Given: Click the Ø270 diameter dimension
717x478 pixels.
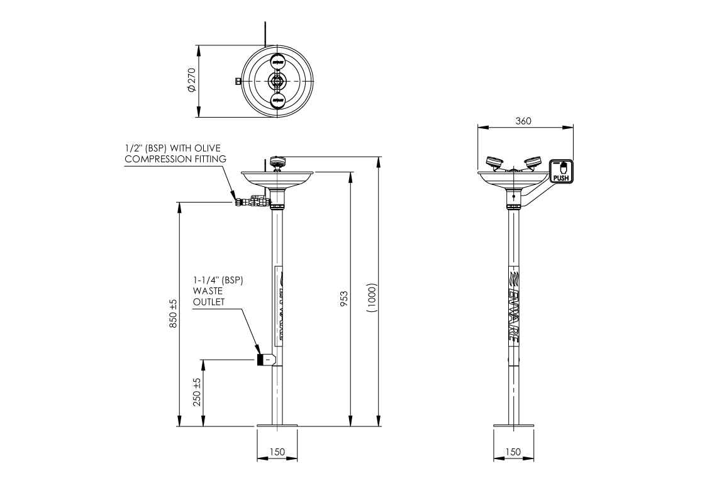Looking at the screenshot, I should click(x=191, y=80).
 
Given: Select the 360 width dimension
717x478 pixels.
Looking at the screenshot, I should click(x=523, y=121).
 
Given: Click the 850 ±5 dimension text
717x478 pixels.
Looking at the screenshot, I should click(x=173, y=313).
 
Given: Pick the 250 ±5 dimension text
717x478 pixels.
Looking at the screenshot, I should click(x=196, y=392).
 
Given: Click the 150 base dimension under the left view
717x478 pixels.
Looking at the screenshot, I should click(x=277, y=452).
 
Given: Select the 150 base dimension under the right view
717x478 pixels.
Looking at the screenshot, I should click(x=513, y=452).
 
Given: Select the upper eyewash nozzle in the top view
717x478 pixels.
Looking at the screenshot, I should click(x=277, y=61).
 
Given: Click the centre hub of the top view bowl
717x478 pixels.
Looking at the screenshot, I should click(x=277, y=81).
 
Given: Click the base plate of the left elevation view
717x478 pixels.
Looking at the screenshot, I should click(x=277, y=427).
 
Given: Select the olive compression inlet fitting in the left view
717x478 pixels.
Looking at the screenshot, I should click(x=240, y=202).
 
